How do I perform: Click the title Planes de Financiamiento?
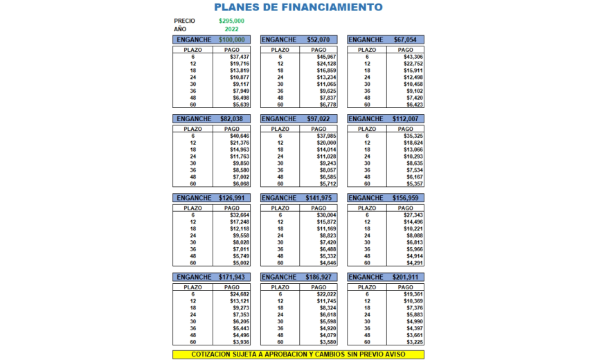(298, 8)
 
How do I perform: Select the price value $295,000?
(231, 21)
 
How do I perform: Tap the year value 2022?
(231, 29)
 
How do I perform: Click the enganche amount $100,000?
(231, 40)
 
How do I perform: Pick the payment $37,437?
(239, 57)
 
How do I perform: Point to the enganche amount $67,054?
(406, 40)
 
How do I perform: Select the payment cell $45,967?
(327, 57)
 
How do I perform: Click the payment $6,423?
(413, 105)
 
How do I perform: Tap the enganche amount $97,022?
(319, 119)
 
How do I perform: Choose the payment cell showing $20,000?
(327, 143)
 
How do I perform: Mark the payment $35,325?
(413, 136)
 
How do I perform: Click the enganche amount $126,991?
(231, 198)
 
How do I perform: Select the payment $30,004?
(327, 215)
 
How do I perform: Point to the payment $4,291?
(413, 263)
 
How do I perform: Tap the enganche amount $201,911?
(406, 277)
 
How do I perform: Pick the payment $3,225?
(413, 342)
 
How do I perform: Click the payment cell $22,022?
(327, 294)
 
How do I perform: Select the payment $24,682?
(239, 294)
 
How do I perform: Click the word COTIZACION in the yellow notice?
(197, 354)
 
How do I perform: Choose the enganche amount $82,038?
(231, 119)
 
